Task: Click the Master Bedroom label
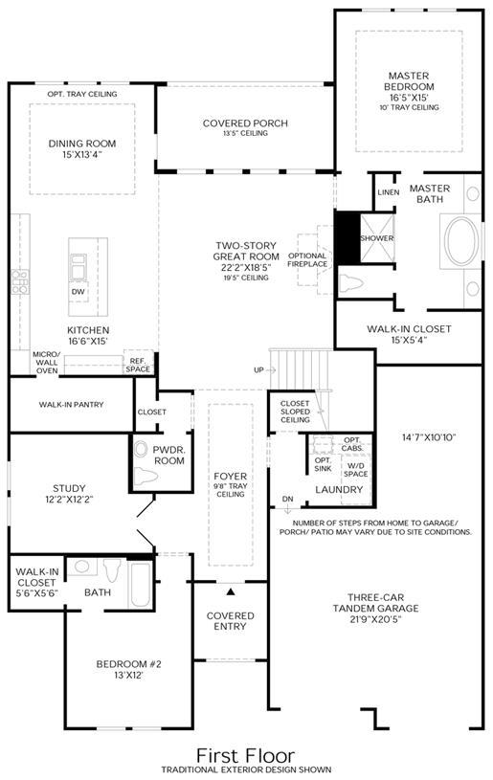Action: pyautogui.click(x=409, y=81)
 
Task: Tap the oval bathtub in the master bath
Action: pyautogui.click(x=462, y=242)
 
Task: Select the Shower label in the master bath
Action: pyautogui.click(x=376, y=238)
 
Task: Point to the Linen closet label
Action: pyautogui.click(x=388, y=192)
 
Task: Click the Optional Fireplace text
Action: pyautogui.click(x=307, y=259)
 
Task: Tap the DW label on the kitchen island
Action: pyautogui.click(x=78, y=292)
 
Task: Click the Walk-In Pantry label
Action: pyautogui.click(x=71, y=405)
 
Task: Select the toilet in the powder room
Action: pyautogui.click(x=146, y=477)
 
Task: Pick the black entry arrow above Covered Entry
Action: pyautogui.click(x=231, y=591)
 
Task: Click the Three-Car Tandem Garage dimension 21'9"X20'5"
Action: pyautogui.click(x=376, y=619)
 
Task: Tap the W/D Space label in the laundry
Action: pyautogui.click(x=356, y=470)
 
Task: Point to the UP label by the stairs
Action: pyautogui.click(x=258, y=370)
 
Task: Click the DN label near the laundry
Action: pyautogui.click(x=287, y=499)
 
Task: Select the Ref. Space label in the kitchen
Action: pyautogui.click(x=138, y=365)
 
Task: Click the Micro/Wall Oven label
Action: pyautogui.click(x=47, y=362)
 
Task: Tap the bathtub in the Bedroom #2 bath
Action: pyautogui.click(x=140, y=585)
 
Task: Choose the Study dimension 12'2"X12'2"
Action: pyautogui.click(x=69, y=499)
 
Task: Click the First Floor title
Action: pyautogui.click(x=246, y=756)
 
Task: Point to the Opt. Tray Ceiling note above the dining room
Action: pyautogui.click(x=82, y=94)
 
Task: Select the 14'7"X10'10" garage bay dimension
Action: pyautogui.click(x=429, y=437)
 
